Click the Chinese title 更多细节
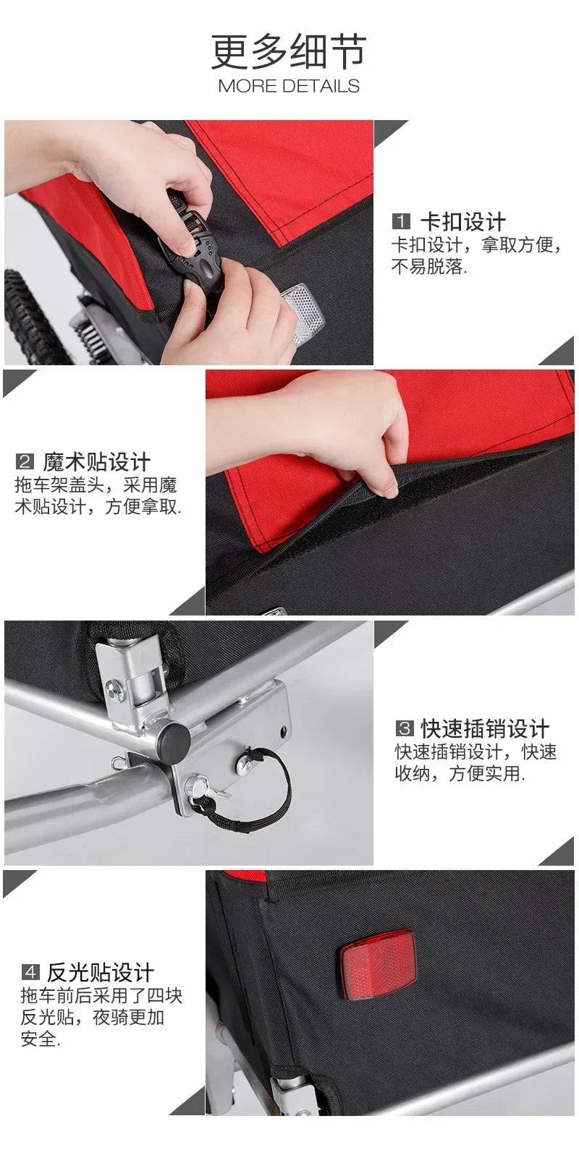289,51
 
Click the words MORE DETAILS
289,86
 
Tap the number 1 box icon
401,222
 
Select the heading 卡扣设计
462,222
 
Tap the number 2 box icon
25,461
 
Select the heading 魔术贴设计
96,461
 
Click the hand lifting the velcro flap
340,427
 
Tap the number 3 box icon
405,728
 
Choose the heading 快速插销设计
485,728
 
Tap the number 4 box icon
30,971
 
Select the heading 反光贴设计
101,971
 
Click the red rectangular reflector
378,965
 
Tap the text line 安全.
40,1040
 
